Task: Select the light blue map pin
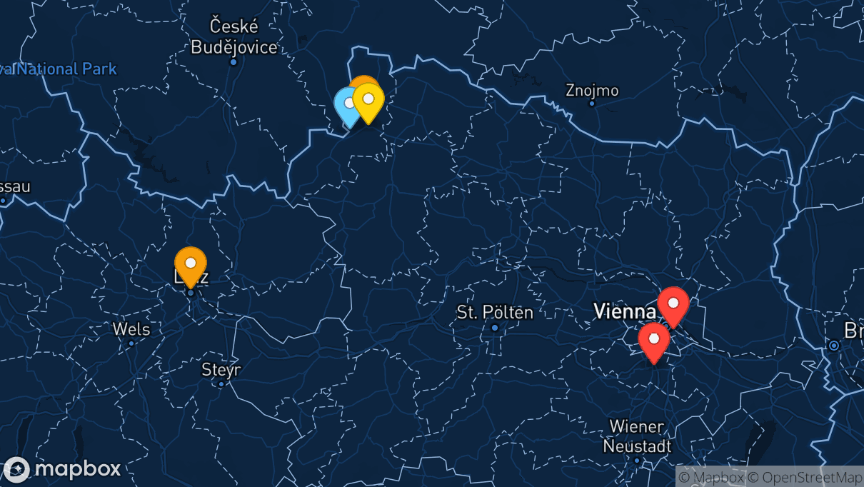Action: pos(348,105)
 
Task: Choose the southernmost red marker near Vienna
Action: pos(653,340)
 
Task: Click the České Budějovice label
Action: pos(233,37)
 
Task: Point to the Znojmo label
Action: pos(592,91)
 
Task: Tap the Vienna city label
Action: pos(625,311)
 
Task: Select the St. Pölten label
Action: pos(495,312)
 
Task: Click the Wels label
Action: pos(131,329)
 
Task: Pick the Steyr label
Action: pos(221,370)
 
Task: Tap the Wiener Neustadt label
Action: pos(637,436)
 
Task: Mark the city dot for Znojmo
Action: pos(592,104)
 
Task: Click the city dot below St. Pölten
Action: pos(495,328)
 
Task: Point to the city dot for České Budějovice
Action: pos(233,61)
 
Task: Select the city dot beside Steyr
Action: pos(221,384)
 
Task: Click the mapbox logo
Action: pos(62,469)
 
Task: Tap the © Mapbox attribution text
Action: pos(711,477)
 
